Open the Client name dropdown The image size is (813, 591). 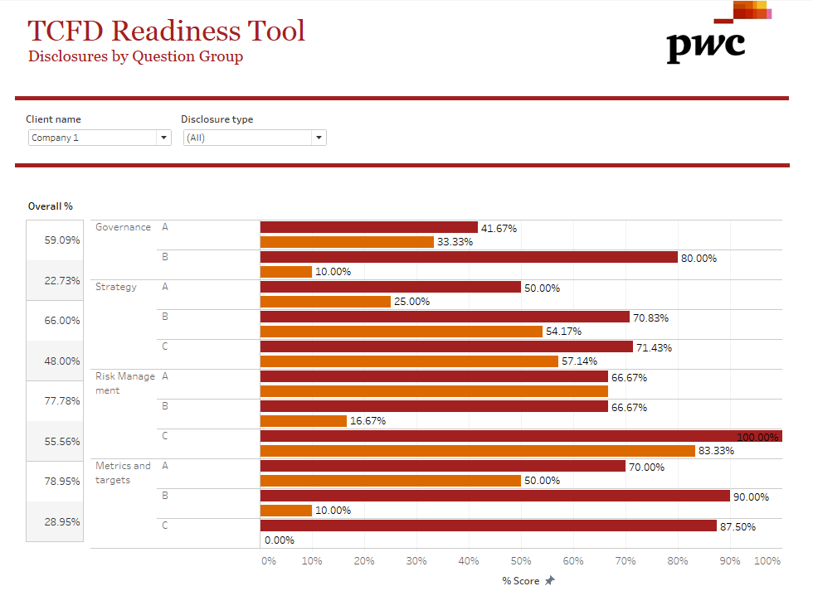[99, 138]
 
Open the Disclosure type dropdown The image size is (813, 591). [254, 138]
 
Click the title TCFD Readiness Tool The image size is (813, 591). [166, 31]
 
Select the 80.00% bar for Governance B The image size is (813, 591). [469, 257]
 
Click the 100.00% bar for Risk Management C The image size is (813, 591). [521, 436]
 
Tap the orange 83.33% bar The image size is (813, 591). [477, 451]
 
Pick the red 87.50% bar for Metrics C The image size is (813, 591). [488, 526]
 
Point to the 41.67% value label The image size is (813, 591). [499, 228]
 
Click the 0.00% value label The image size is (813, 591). [280, 540]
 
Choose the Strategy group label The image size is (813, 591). [116, 287]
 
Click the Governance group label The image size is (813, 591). [123, 227]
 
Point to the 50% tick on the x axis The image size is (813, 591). [521, 561]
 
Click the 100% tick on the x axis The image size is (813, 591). [767, 561]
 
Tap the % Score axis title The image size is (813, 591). [521, 580]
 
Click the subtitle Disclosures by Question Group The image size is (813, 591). [135, 56]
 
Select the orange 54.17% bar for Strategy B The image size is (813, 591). [401, 332]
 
